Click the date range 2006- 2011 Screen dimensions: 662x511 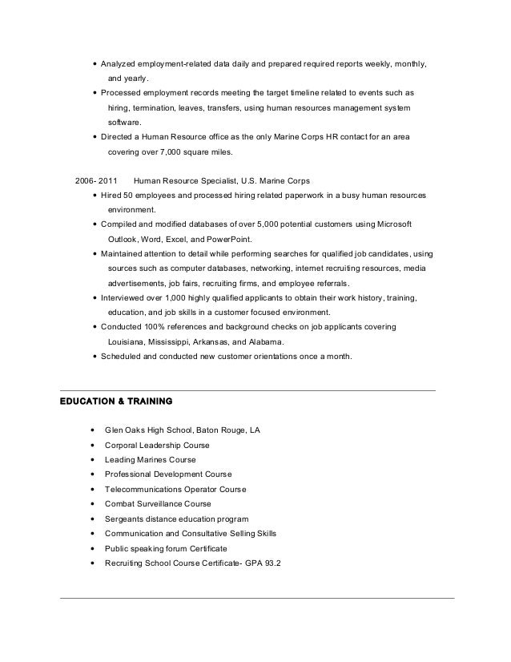click(95, 181)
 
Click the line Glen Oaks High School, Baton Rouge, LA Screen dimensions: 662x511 click(183, 430)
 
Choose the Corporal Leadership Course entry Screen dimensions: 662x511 click(157, 445)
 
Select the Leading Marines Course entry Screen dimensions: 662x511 click(150, 460)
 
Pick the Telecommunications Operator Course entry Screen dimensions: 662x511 click(175, 489)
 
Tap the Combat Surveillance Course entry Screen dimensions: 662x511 click(158, 504)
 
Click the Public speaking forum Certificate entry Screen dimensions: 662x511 click(166, 548)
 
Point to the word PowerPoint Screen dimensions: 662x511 click(230, 239)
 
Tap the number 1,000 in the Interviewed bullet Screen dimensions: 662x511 click(168, 297)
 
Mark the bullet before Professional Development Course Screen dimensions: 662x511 click(95, 474)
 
